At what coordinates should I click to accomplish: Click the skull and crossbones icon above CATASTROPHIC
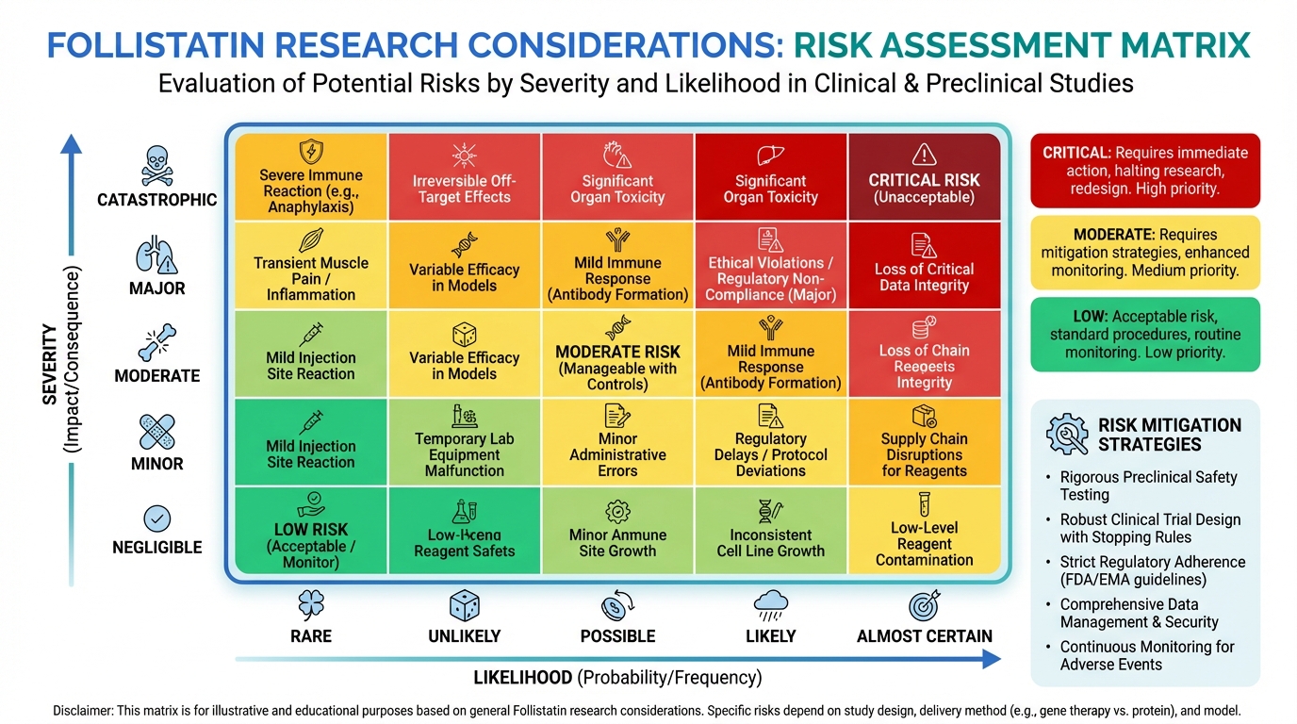[x=156, y=164]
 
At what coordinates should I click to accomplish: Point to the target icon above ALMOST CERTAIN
[x=924, y=605]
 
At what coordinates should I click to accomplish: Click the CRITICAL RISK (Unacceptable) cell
[x=924, y=177]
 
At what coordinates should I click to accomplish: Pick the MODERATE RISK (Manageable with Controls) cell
[x=617, y=354]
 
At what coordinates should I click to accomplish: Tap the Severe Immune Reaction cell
[x=311, y=177]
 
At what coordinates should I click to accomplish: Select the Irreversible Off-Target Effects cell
[x=464, y=177]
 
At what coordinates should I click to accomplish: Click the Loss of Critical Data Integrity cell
[x=924, y=266]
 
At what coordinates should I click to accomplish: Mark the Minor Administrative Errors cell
[x=617, y=442]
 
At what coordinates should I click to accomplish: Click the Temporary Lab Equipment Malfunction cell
[x=464, y=442]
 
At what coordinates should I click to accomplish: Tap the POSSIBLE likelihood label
[x=617, y=636]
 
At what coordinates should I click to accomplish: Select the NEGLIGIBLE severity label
[x=156, y=547]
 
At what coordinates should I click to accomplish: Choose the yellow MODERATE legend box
[x=1145, y=252]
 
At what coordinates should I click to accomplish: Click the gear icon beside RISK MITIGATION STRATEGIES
[x=1067, y=435]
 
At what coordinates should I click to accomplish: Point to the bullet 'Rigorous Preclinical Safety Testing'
[x=1148, y=485]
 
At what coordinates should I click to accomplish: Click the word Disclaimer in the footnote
[x=83, y=711]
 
